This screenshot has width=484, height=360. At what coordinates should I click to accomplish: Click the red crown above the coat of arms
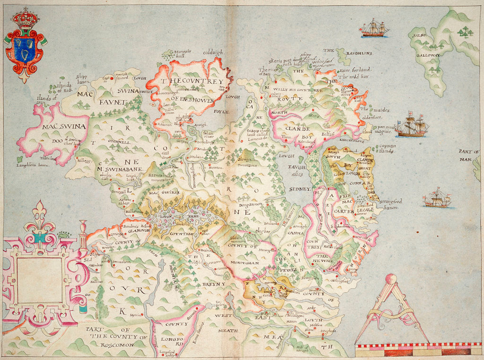pyautogui.click(x=26, y=19)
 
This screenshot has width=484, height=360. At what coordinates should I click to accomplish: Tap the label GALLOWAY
pyautogui.click(x=428, y=55)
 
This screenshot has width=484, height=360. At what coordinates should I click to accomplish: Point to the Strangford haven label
pyautogui.click(x=388, y=205)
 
